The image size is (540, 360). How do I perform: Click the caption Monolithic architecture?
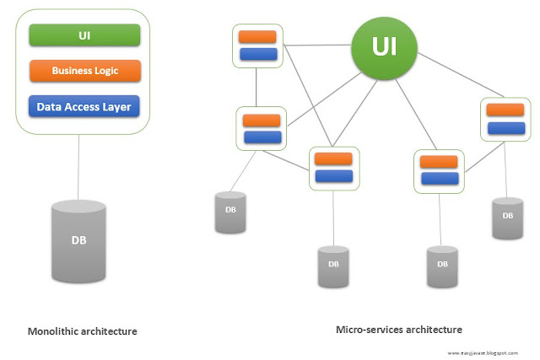[82, 331]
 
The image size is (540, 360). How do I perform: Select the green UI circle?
[384, 46]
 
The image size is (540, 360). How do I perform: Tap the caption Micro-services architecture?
[399, 329]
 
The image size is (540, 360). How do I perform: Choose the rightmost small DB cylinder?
[507, 218]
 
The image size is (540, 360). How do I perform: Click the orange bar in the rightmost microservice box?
[505, 110]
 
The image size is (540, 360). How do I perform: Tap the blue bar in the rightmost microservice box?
[505, 128]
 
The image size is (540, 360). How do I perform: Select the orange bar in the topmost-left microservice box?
[257, 37]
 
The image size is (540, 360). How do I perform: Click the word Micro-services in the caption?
[367, 329]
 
